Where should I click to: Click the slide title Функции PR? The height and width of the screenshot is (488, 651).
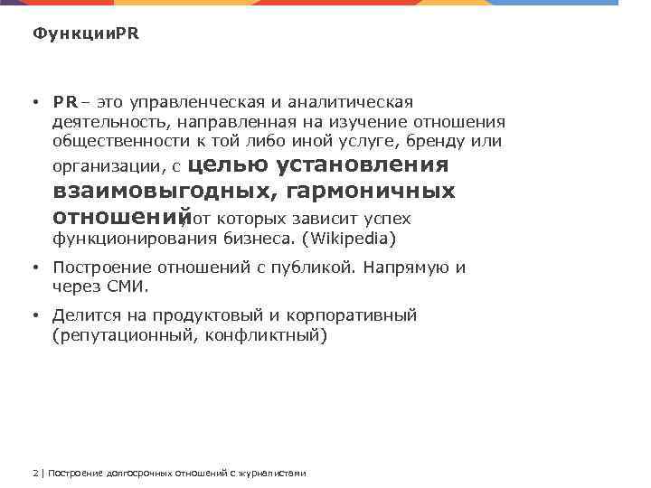[86, 34]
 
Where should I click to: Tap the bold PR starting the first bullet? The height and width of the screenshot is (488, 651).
[64, 102]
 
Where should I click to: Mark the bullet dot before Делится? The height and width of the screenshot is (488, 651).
[33, 316]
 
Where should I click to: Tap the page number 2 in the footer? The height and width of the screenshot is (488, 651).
[33, 473]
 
